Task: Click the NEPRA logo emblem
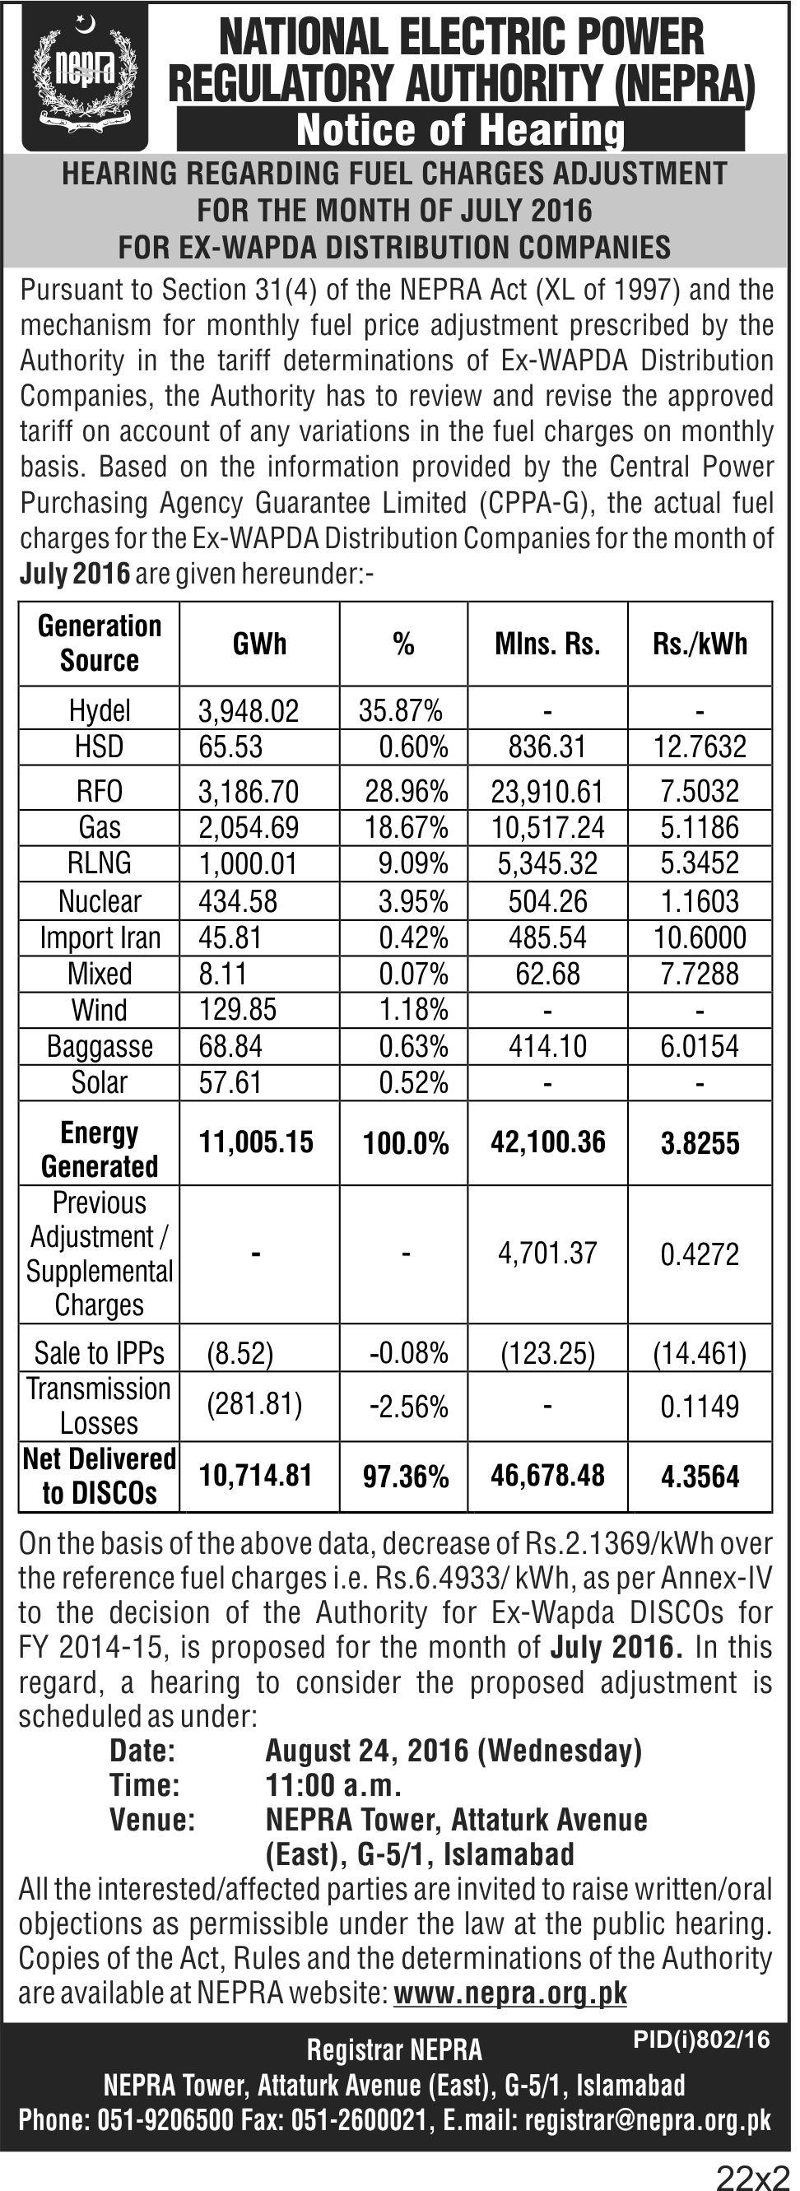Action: pyautogui.click(x=85, y=77)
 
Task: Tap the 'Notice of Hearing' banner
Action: pyautogui.click(x=460, y=129)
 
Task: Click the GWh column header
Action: pyautogui.click(x=259, y=644)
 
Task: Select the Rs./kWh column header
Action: pyautogui.click(x=700, y=644)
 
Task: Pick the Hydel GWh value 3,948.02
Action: pyautogui.click(x=249, y=711)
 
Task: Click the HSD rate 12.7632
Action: pyautogui.click(x=700, y=747)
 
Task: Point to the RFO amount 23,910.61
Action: pyautogui.click(x=547, y=792)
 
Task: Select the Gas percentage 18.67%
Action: pyautogui.click(x=407, y=826)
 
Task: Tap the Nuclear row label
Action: pyautogui.click(x=100, y=900)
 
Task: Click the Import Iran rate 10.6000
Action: pyautogui.click(x=700, y=937)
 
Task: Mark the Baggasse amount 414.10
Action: pyautogui.click(x=547, y=1046)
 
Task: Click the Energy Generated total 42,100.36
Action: pyautogui.click(x=547, y=1142)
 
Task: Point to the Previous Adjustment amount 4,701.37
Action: pyautogui.click(x=547, y=1253)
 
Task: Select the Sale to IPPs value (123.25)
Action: pyautogui.click(x=547, y=1353)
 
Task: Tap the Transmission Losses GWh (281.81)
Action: pyautogui.click(x=254, y=1403)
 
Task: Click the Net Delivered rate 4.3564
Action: pyautogui.click(x=700, y=1476)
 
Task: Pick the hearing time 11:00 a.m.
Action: pyautogui.click(x=333, y=1784)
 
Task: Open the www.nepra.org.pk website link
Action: pyautogui.click(x=510, y=1993)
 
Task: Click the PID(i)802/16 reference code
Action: pyautogui.click(x=701, y=2039)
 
